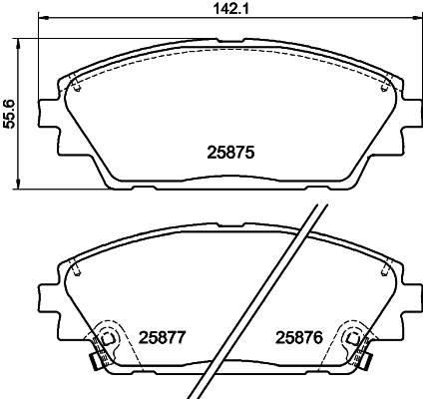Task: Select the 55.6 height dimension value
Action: pyautogui.click(x=8, y=114)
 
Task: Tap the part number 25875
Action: pyautogui.click(x=230, y=153)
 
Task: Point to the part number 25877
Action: pyautogui.click(x=162, y=338)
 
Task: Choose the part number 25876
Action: pyautogui.click(x=299, y=338)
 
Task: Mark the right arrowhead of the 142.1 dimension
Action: pyautogui.click(x=418, y=17)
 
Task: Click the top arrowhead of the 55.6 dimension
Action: pyautogui.click(x=18, y=44)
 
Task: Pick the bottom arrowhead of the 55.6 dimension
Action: pyautogui.click(x=18, y=185)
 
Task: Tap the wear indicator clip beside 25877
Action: pyautogui.click(x=96, y=361)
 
